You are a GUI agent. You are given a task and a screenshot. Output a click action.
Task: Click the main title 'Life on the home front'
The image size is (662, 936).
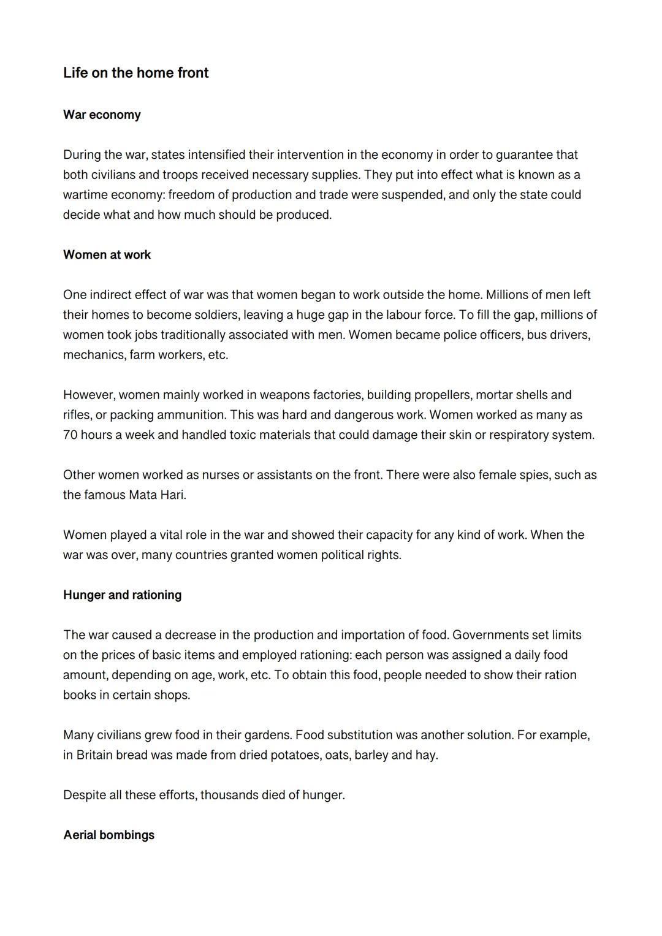(x=135, y=73)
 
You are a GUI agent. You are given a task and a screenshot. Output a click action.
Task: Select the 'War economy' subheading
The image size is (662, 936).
(x=102, y=115)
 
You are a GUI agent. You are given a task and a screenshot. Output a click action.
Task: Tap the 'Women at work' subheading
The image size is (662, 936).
(x=107, y=255)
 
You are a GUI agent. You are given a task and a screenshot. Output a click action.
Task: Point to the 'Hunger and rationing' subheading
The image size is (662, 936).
(x=122, y=595)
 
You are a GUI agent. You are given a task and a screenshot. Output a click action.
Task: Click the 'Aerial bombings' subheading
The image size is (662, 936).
(x=108, y=835)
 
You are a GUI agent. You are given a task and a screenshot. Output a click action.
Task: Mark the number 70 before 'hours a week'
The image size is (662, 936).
(x=70, y=435)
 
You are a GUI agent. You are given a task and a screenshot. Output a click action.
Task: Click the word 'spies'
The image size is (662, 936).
(x=535, y=475)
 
